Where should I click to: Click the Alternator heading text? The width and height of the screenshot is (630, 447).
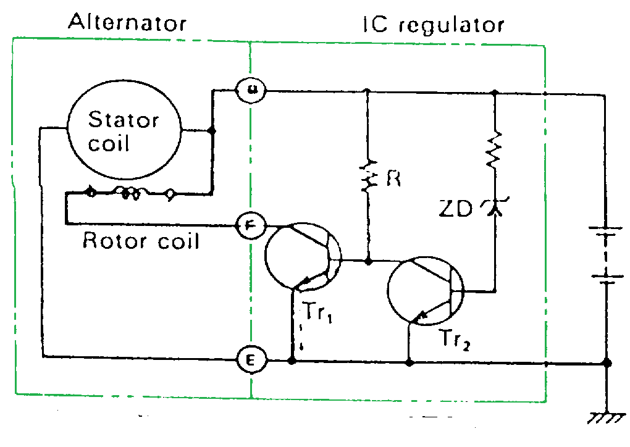(127, 23)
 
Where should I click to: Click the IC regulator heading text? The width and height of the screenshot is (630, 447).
(432, 25)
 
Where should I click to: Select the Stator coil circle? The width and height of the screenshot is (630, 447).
(124, 130)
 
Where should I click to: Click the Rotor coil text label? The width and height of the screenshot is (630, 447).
(141, 240)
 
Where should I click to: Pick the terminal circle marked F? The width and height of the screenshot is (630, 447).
(251, 225)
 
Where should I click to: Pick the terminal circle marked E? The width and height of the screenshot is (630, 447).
(251, 359)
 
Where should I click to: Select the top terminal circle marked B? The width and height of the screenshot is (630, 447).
(251, 90)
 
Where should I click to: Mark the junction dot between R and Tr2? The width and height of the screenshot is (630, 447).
(368, 261)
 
